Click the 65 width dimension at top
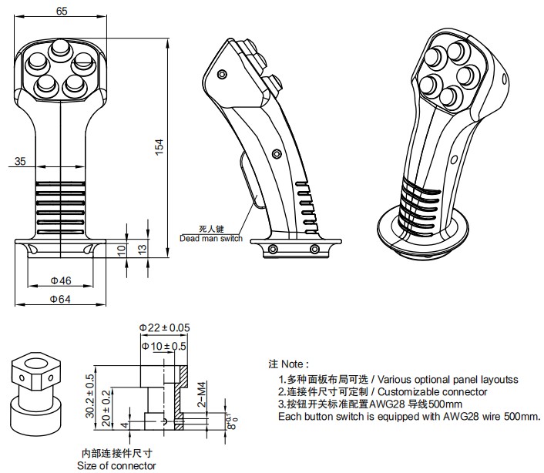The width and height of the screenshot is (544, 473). click(62, 11)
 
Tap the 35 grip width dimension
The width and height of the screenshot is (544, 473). click(20, 161)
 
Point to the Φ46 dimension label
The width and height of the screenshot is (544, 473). click(62, 280)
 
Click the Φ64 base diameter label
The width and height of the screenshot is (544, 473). click(62, 299)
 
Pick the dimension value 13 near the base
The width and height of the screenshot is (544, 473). click(140, 250)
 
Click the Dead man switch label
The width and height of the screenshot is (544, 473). click(210, 239)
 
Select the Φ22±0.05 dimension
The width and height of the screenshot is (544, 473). click(164, 329)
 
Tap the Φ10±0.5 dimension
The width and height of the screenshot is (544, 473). click(163, 347)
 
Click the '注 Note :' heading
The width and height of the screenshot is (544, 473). click(288, 363)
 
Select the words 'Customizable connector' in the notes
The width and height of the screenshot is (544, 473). click(443, 391)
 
